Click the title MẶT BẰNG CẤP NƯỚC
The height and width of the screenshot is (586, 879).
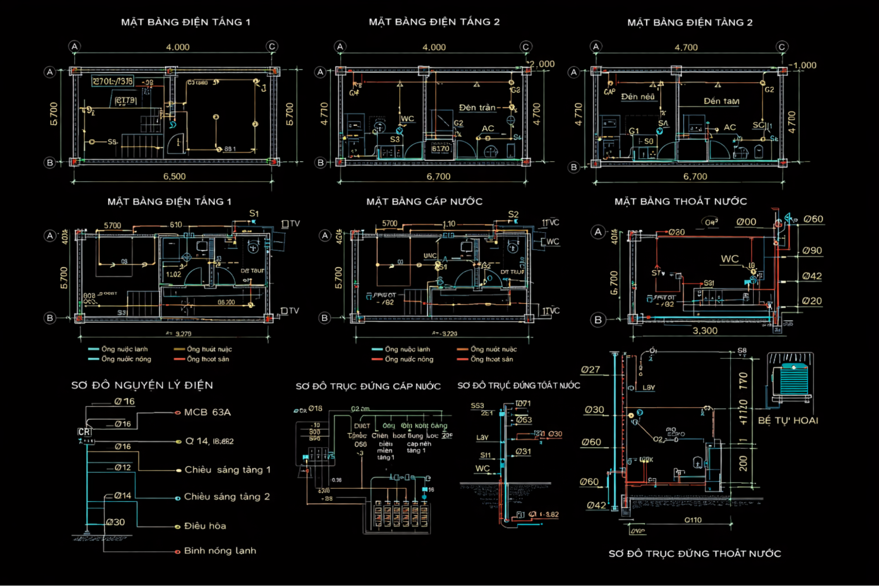pos(424,201)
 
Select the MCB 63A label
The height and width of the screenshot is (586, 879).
pos(207,412)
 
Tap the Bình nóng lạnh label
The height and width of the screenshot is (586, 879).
pos(220,551)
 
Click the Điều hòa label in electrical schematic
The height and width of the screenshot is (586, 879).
pos(205,526)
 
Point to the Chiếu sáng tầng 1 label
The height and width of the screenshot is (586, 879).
pos(227,470)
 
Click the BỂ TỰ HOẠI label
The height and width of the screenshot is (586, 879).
pos(788,420)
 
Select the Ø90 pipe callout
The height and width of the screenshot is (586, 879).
pos(812,251)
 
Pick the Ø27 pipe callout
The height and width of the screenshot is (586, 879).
pos(590,370)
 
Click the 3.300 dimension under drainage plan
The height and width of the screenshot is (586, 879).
pos(705,331)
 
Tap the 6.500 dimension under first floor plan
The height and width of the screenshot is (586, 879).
pos(175,176)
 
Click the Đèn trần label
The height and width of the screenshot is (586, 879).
pos(477,108)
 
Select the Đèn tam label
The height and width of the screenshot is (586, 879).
pos(721,101)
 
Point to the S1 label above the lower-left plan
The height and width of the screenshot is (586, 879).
pos(254,214)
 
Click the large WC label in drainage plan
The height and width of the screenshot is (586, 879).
pos(729,259)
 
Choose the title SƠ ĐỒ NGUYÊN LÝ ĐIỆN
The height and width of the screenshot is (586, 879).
pos(142,385)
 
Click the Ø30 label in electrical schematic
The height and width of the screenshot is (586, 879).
pos(116,522)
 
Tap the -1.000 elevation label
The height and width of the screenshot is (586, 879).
pos(802,66)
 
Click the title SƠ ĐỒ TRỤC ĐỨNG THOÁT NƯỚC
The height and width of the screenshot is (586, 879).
pos(694,553)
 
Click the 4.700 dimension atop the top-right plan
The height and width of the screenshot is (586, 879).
pos(686,47)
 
